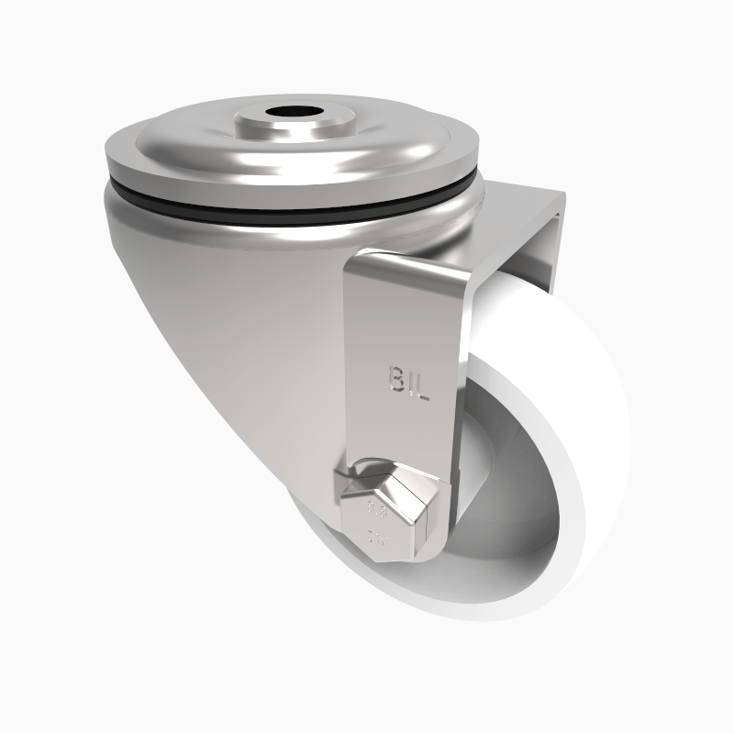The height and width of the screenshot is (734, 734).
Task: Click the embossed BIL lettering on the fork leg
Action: [408, 378]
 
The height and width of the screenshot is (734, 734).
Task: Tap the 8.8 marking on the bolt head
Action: [377, 507]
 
